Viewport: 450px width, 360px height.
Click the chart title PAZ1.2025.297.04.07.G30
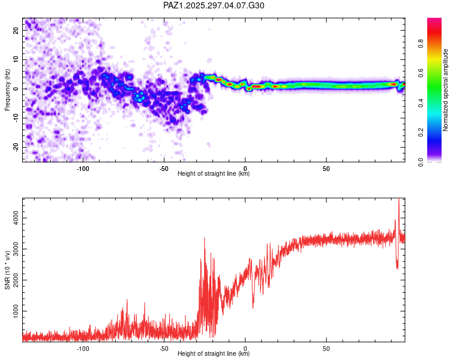(x=214, y=5)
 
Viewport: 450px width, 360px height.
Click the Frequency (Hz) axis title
(x=7, y=89)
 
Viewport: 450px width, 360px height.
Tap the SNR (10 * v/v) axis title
(x=7, y=269)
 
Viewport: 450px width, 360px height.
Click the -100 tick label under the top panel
(x=83, y=169)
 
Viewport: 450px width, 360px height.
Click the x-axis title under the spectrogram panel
(x=214, y=174)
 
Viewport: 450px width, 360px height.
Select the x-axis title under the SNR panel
(x=214, y=354)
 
